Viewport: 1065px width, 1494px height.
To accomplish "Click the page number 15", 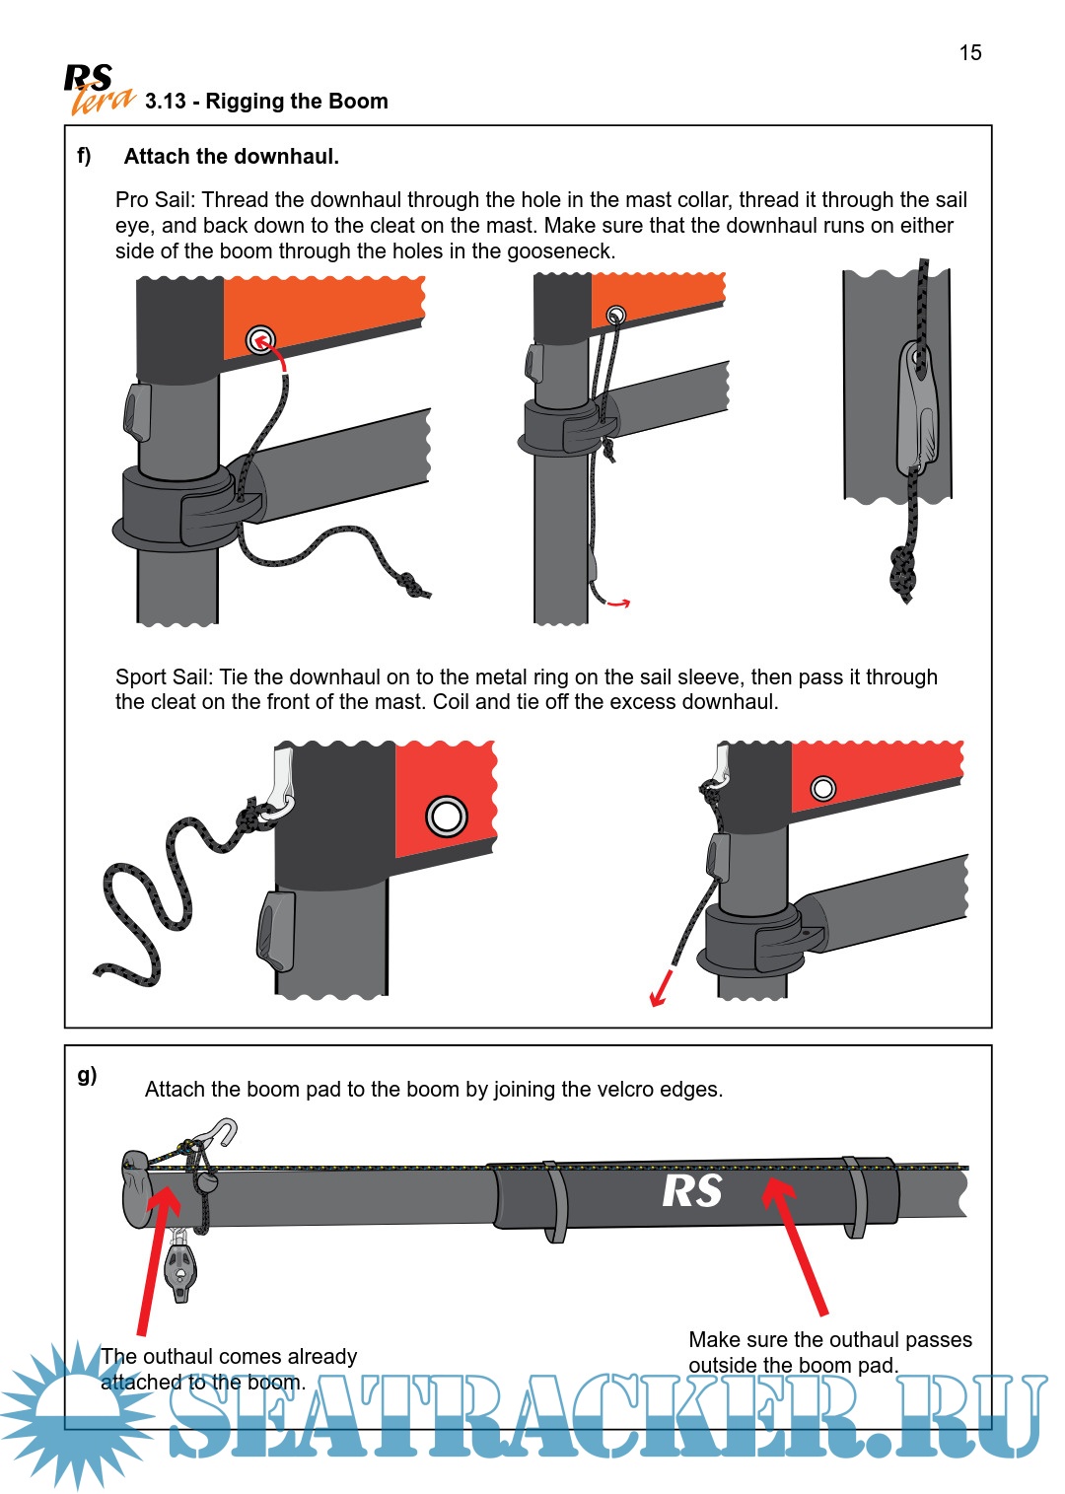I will point(970,53).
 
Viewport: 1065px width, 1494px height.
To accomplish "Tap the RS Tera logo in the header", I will point(97,90).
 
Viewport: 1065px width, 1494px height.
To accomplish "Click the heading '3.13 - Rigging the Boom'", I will point(266,102).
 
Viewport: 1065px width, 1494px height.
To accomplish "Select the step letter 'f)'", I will point(85,156).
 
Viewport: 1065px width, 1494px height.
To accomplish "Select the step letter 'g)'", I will point(87,1075).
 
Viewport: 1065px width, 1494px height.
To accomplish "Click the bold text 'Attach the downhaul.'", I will point(231,157).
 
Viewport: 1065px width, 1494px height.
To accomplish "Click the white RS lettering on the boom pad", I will point(691,1191).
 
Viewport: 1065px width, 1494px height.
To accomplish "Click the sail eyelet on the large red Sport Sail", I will point(446,817).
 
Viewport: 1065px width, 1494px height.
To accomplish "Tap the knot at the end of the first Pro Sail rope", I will point(413,586).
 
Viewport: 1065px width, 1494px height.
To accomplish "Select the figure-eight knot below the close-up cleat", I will point(902,571).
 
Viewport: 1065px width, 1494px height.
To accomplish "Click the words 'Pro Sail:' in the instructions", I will point(156,200).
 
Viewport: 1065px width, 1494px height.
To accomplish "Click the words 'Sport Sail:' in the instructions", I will point(164,677).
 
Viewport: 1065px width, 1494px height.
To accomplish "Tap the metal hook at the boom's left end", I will point(219,1133).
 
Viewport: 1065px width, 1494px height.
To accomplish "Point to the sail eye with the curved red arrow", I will point(260,340).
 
